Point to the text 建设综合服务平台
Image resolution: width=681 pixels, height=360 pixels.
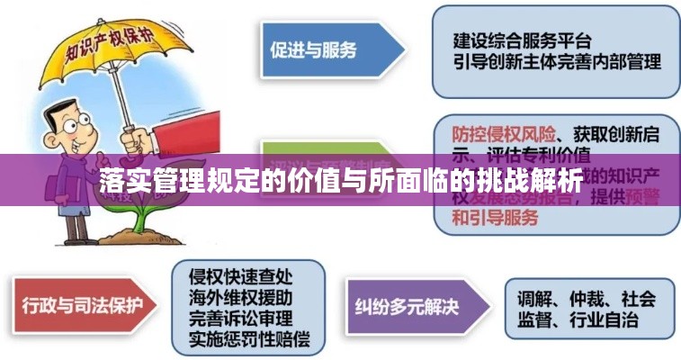point(521,40)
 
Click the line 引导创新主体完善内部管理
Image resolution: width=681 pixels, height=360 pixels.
point(556,62)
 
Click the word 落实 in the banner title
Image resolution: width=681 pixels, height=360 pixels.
point(121,179)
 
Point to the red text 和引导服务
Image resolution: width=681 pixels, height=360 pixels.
point(495,218)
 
